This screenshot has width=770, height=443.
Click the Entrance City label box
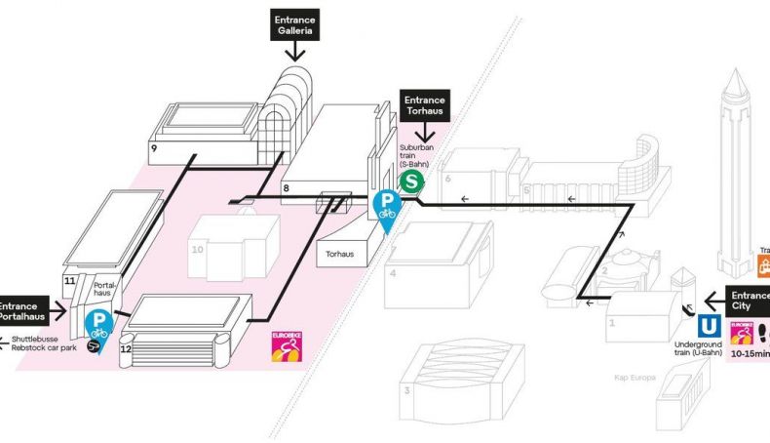[x=749, y=302]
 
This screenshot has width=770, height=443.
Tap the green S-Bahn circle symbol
[x=413, y=181]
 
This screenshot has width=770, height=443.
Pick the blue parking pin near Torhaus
[x=387, y=208]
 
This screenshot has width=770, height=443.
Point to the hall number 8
[x=287, y=186]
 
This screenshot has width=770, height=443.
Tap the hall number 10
[x=198, y=250]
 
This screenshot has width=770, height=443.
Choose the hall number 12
[x=125, y=348]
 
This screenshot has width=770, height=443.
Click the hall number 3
[x=406, y=391]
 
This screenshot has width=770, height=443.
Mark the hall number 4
[x=393, y=273]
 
